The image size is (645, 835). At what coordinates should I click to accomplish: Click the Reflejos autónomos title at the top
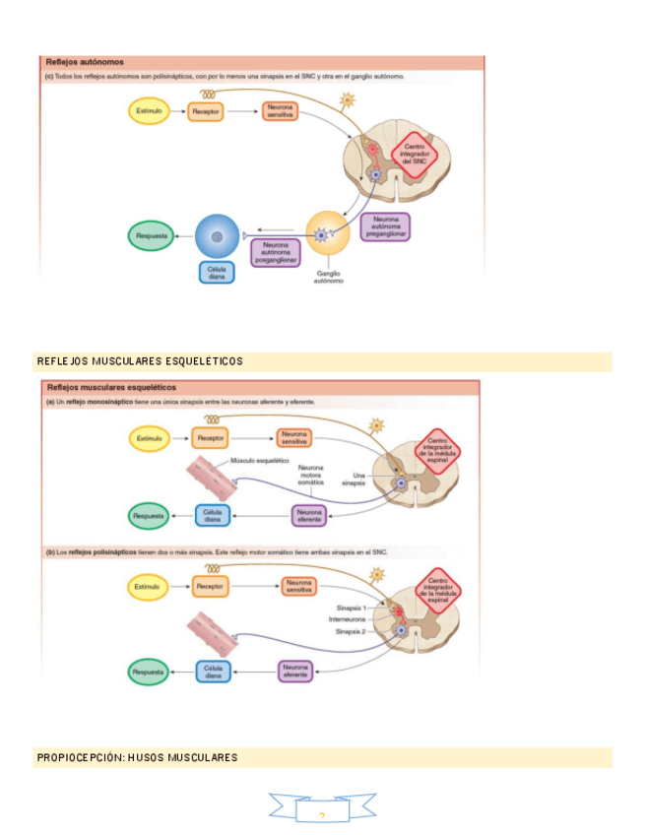(x=78, y=62)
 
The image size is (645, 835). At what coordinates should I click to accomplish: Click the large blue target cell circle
(x=217, y=236)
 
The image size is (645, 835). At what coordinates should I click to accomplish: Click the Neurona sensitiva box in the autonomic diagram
(x=280, y=112)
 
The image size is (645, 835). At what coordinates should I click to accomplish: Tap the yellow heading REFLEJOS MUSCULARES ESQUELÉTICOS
(x=140, y=361)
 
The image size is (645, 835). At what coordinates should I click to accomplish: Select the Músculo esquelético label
(x=258, y=460)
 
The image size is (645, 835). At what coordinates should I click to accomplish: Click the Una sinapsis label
(x=354, y=479)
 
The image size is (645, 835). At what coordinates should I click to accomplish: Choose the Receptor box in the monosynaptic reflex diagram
(x=210, y=438)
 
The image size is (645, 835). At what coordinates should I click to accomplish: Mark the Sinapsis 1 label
(x=351, y=609)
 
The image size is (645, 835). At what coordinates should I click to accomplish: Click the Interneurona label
(x=347, y=619)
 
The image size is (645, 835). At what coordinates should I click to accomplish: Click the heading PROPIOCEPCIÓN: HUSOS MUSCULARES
(x=138, y=757)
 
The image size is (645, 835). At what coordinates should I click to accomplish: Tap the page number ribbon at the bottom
(x=322, y=809)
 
